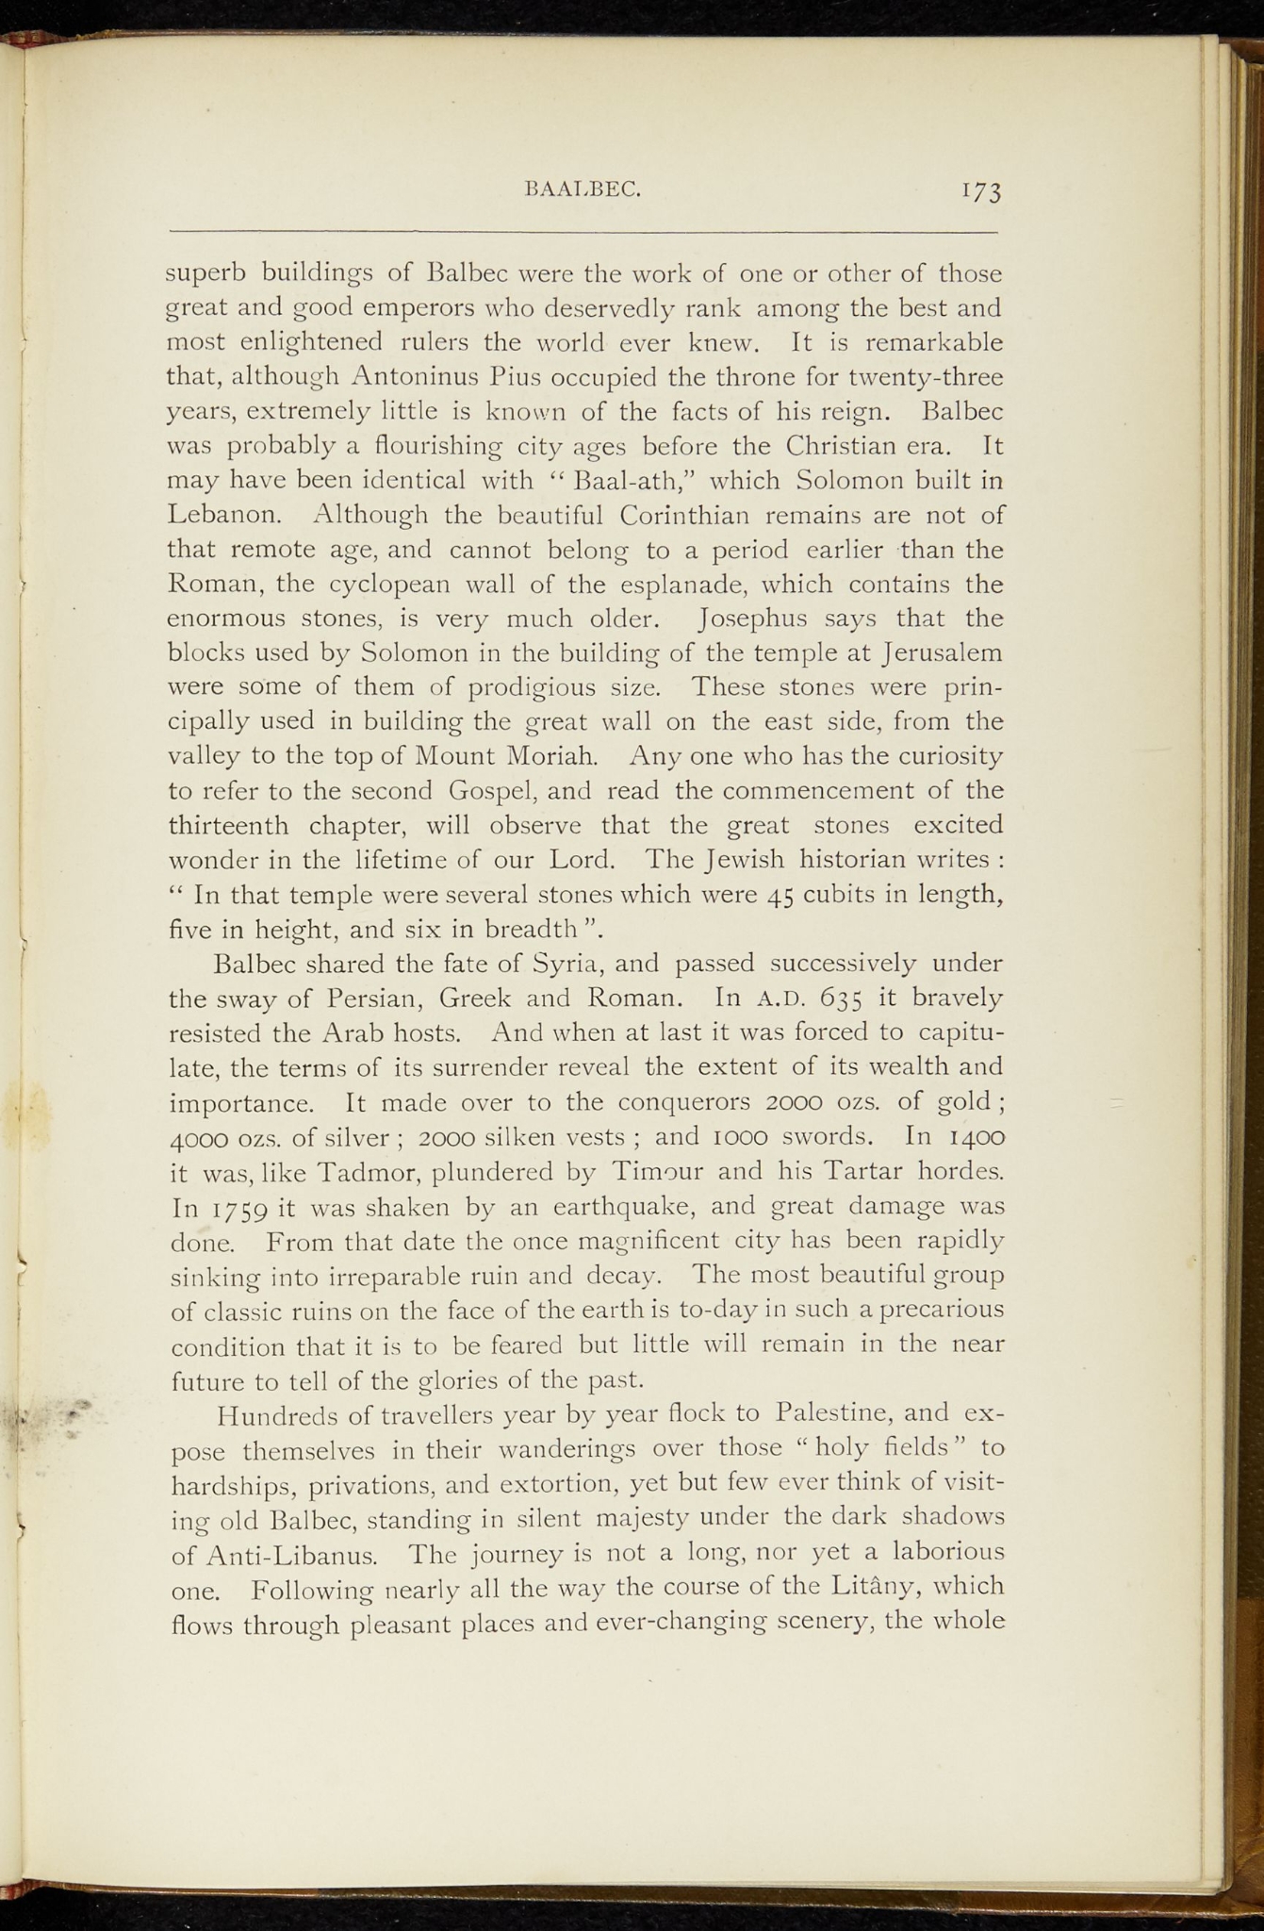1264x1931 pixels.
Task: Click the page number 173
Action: (981, 191)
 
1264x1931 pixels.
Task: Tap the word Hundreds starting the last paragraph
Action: (274, 1415)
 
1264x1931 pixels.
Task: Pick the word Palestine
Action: (846, 1414)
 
